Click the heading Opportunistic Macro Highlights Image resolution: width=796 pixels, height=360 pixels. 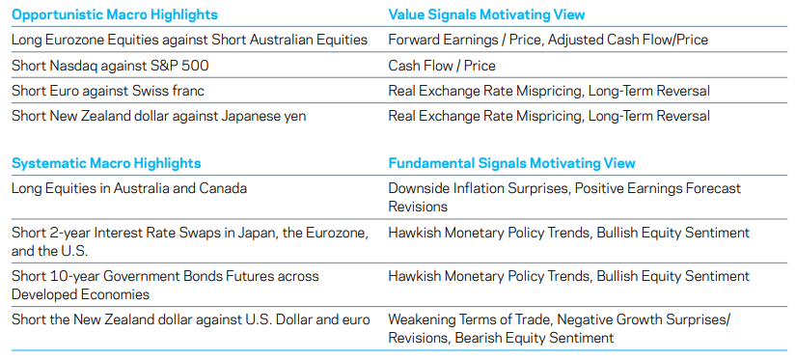click(114, 14)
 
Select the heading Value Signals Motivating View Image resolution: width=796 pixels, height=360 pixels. click(486, 14)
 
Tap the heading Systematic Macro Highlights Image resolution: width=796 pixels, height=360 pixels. click(106, 163)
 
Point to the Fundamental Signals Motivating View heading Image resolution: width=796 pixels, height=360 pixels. click(511, 163)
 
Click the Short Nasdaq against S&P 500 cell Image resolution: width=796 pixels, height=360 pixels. click(110, 66)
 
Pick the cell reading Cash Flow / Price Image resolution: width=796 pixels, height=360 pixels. click(442, 66)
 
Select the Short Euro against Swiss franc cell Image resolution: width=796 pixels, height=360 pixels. click(108, 91)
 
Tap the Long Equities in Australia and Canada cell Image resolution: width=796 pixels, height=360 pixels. click(129, 188)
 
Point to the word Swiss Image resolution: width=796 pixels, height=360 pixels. click(151, 91)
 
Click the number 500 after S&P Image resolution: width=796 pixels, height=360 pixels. click(197, 66)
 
